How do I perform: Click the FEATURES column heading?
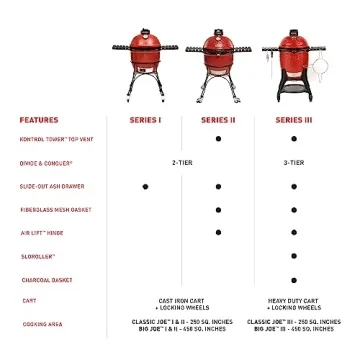(x=38, y=119)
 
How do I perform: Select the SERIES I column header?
(x=145, y=119)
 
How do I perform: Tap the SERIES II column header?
(x=218, y=119)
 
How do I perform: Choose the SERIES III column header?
(x=293, y=119)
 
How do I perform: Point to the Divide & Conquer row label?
(x=46, y=162)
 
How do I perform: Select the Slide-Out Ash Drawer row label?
(x=52, y=186)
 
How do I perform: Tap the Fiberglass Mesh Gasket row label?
(x=55, y=210)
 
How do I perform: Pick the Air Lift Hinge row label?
(x=42, y=233)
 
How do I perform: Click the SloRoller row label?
(x=38, y=256)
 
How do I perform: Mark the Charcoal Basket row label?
(x=46, y=280)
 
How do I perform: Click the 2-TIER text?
(x=182, y=162)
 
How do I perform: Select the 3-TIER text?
(x=293, y=162)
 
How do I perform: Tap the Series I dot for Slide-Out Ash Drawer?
(x=145, y=186)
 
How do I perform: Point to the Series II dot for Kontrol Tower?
(x=218, y=139)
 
